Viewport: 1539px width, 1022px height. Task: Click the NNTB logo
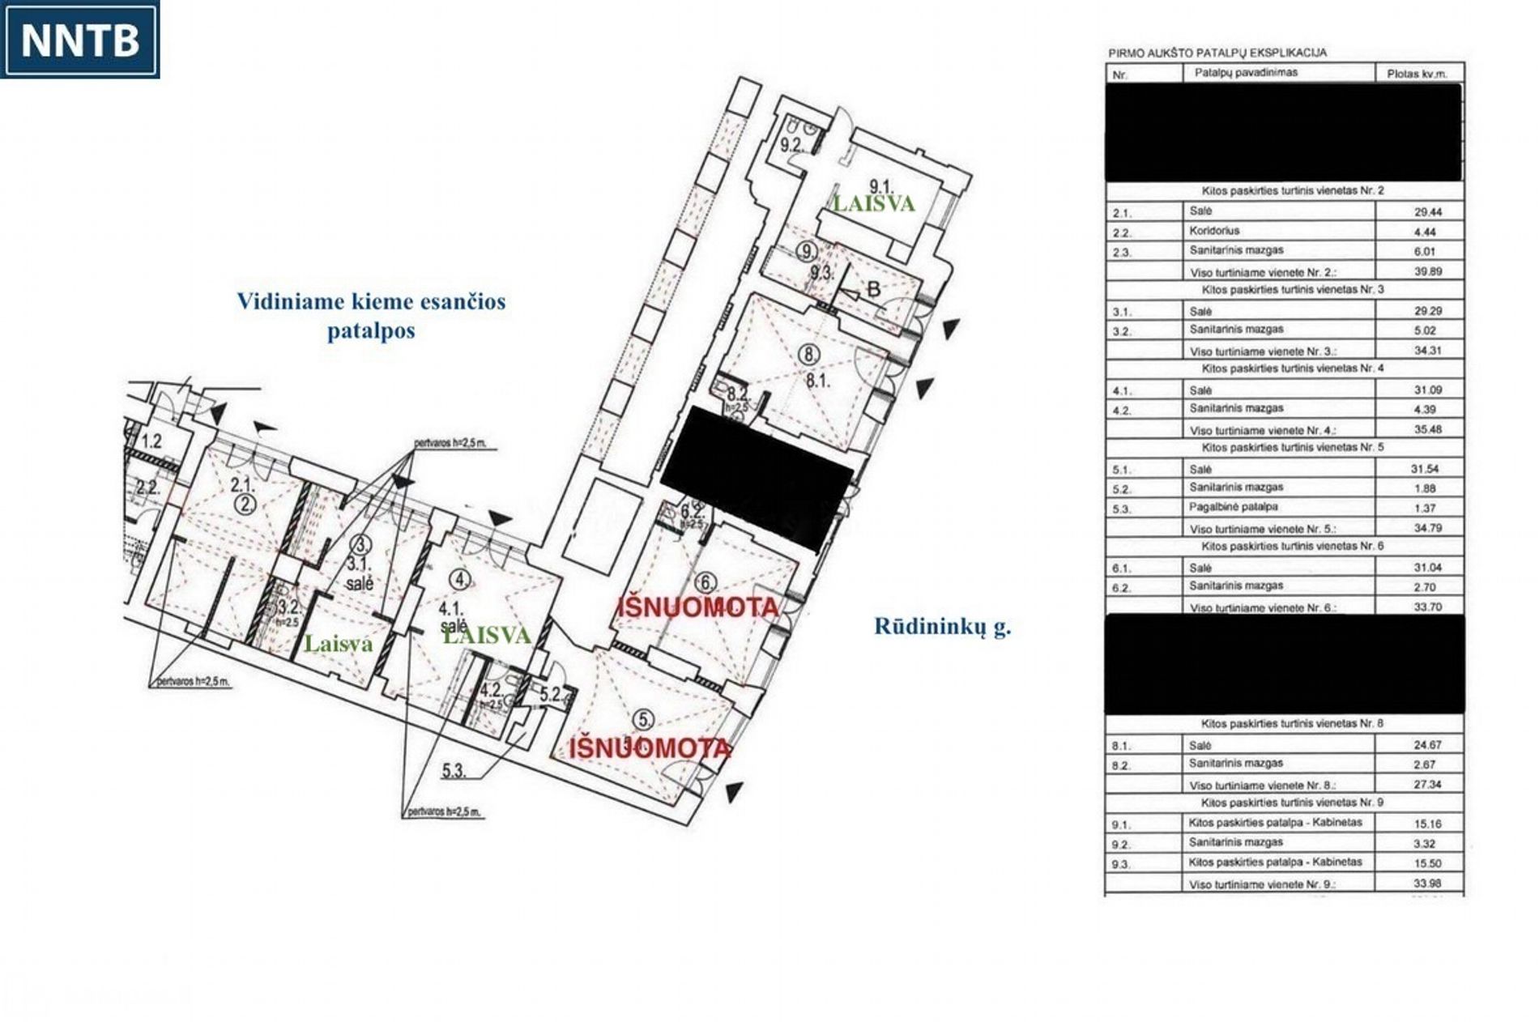point(79,40)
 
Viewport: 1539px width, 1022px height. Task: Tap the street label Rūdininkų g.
point(942,626)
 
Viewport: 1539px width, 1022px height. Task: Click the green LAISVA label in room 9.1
point(873,204)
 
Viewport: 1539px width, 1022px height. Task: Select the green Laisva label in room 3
point(338,644)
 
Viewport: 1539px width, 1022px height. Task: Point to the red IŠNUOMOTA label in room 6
point(697,607)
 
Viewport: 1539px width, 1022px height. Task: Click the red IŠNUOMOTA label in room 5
point(650,748)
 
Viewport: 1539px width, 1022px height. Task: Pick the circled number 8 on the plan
point(808,354)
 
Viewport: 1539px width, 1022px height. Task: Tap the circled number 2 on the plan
point(246,504)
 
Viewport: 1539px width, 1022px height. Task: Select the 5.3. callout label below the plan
point(454,771)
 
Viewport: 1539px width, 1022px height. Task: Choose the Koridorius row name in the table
point(1214,231)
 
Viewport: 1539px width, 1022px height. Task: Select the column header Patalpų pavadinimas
point(1246,73)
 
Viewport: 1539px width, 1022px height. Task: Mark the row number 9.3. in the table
point(1122,864)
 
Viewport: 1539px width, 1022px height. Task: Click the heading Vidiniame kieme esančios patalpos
point(371,316)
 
